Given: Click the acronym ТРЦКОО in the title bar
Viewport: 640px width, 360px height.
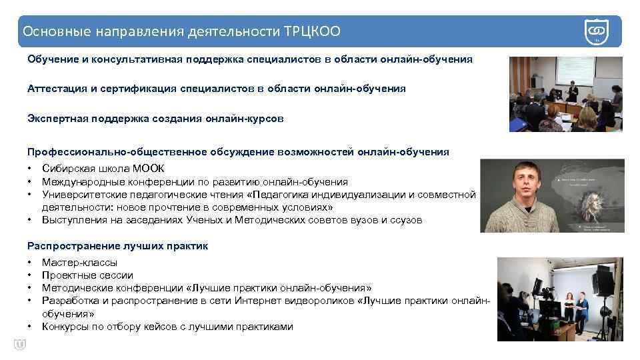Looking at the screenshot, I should coord(313,31).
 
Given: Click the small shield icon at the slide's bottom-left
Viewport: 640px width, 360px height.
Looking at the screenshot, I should coord(19,344).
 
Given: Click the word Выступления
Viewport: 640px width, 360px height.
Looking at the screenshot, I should coord(71,220).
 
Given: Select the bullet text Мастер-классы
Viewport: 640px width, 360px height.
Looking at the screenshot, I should coord(79,263).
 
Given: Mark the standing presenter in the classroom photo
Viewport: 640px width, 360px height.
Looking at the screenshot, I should coord(571,93).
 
